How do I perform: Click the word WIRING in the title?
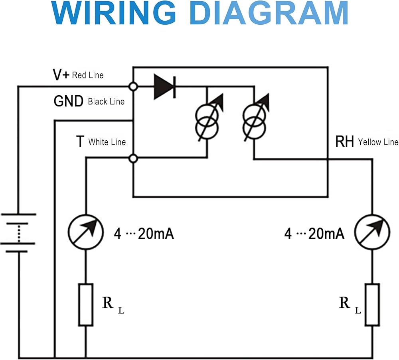coord(114,14)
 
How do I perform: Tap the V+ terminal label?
coord(61,75)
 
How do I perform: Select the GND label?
coord(69,102)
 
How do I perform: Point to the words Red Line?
coord(87,75)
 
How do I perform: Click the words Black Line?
coord(106,102)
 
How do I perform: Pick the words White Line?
coord(107,142)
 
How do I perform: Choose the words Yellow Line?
coord(378,142)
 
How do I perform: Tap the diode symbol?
coord(165,86)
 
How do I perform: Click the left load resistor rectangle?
coord(86,305)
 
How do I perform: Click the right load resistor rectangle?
coord(372,305)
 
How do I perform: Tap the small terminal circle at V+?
coord(133,86)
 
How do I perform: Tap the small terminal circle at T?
coord(134,159)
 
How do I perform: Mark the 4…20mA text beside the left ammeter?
coord(144,234)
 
